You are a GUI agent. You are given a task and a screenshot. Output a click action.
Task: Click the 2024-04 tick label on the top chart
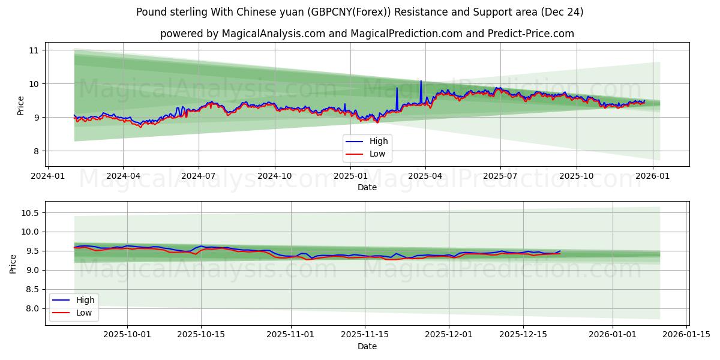[123, 176]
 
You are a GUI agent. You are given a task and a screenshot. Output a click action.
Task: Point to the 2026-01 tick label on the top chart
[652, 176]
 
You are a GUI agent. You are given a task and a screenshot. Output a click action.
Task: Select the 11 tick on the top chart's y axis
[34, 50]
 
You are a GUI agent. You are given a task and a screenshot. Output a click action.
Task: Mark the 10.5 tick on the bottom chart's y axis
[30, 213]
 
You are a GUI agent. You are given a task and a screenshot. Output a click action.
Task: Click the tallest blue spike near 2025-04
[421, 81]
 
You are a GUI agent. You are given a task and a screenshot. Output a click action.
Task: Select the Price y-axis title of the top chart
[21, 106]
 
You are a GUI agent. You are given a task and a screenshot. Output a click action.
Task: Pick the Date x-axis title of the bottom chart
[367, 346]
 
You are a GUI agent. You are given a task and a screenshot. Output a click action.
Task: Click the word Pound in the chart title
[149, 12]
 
